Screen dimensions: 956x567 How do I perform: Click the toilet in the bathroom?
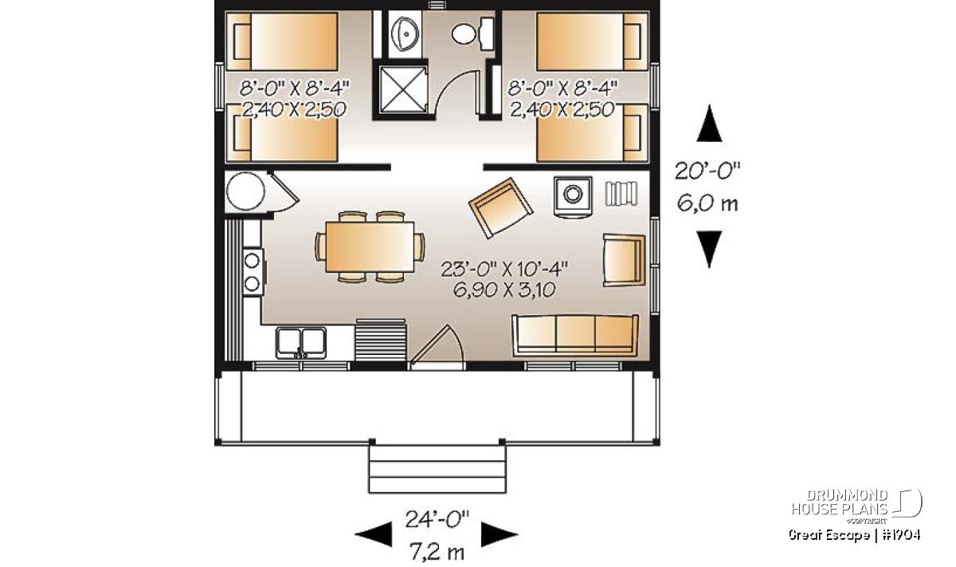point(472,33)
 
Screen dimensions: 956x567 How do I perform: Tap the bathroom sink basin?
point(405,33)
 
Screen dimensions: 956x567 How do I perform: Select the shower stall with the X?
point(403,90)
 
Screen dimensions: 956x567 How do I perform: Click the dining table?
point(370,247)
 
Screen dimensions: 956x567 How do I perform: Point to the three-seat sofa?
point(575,336)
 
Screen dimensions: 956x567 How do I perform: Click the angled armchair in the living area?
point(500,207)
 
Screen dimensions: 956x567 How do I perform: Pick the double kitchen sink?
point(301,342)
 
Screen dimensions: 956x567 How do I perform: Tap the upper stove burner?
point(252,261)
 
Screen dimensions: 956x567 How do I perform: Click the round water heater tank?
point(245,191)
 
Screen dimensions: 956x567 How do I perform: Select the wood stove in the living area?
point(573,195)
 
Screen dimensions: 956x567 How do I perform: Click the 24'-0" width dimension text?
point(437,520)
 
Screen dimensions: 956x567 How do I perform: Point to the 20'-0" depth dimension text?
point(707,171)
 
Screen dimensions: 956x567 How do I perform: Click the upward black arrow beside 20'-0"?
point(709,124)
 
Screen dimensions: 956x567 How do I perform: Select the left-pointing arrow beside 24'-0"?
point(373,534)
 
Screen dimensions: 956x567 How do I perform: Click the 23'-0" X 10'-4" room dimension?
point(504,270)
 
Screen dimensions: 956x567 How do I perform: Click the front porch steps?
point(437,469)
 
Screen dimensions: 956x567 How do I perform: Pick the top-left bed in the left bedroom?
point(282,41)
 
